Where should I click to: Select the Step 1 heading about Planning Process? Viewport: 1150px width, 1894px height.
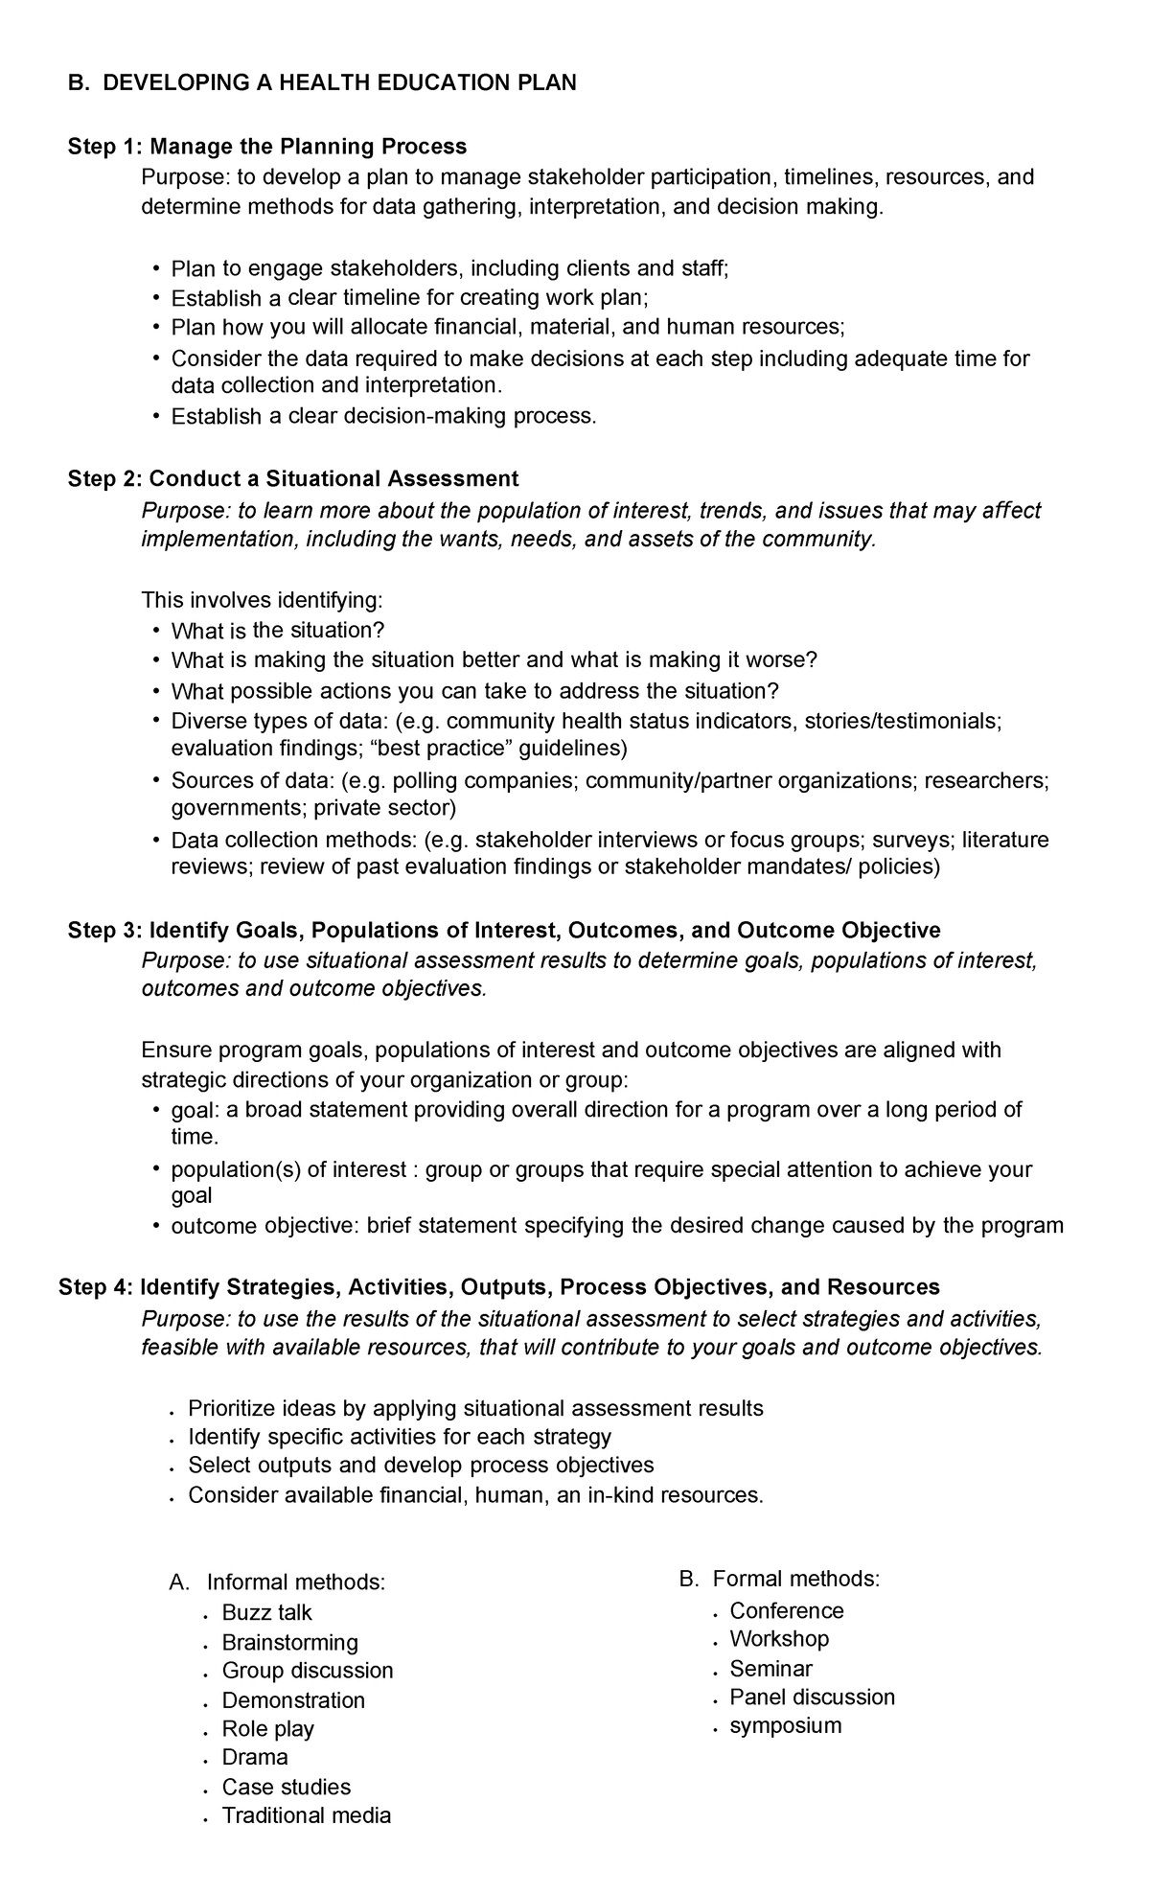point(267,147)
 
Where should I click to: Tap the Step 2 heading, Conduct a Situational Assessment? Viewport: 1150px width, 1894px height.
point(293,478)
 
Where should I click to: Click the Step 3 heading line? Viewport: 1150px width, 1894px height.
point(504,930)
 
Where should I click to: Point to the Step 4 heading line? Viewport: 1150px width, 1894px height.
point(498,1286)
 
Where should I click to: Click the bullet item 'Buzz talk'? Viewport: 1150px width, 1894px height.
point(266,1612)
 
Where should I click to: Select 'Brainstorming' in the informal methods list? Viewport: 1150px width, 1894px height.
point(289,1642)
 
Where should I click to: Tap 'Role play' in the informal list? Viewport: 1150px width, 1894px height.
point(267,1728)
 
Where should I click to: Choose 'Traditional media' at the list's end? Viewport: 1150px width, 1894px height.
point(306,1814)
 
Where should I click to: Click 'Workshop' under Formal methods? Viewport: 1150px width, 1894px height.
point(778,1638)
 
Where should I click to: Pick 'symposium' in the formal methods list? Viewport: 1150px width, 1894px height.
point(785,1725)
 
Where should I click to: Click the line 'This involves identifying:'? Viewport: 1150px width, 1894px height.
point(262,600)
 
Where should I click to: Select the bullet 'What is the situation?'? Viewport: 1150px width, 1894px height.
point(277,631)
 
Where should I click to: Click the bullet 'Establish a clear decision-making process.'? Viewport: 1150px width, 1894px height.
point(383,416)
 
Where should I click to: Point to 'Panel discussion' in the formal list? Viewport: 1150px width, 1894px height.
point(812,1697)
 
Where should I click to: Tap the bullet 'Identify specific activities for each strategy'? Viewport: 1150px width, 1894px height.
point(399,1436)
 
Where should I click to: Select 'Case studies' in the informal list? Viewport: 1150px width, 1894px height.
point(286,1787)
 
